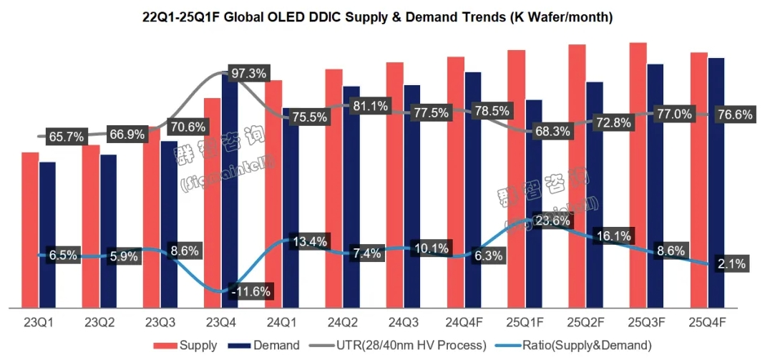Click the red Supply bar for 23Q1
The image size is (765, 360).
pos(29,229)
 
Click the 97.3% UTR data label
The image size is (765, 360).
pos(248,73)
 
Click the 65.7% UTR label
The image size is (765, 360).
pos(66,136)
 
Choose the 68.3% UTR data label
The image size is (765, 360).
pos(552,132)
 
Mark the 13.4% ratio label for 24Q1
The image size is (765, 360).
pos(310,240)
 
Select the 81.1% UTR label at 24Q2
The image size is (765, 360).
pos(370,106)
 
